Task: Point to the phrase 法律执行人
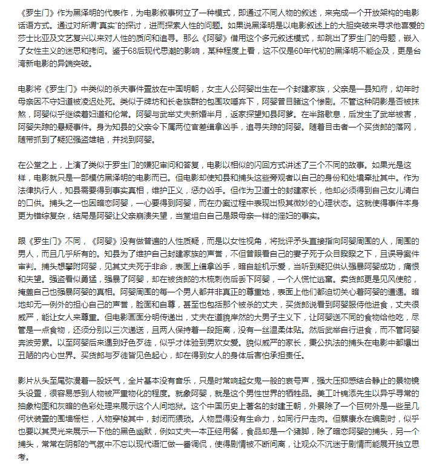(x=37, y=192)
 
